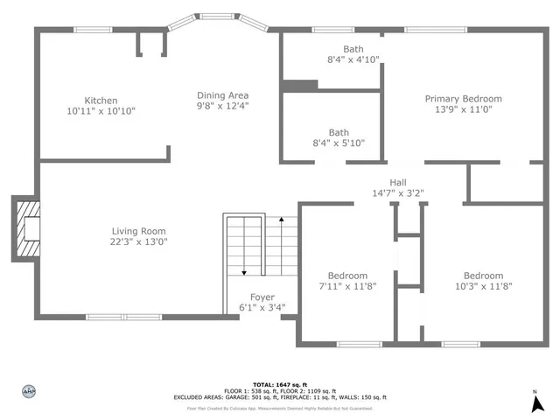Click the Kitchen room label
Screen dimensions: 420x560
point(101,101)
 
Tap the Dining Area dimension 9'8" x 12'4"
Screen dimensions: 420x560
point(222,106)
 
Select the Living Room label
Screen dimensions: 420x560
point(138,231)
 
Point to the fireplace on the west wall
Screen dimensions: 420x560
point(26,227)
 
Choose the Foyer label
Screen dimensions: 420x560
point(262,297)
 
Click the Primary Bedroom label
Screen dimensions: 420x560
point(464,99)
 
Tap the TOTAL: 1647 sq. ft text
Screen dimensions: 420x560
point(279,385)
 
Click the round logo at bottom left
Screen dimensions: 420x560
point(29,393)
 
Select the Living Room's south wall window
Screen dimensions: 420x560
point(122,317)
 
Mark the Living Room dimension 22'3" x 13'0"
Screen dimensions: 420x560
point(138,242)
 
